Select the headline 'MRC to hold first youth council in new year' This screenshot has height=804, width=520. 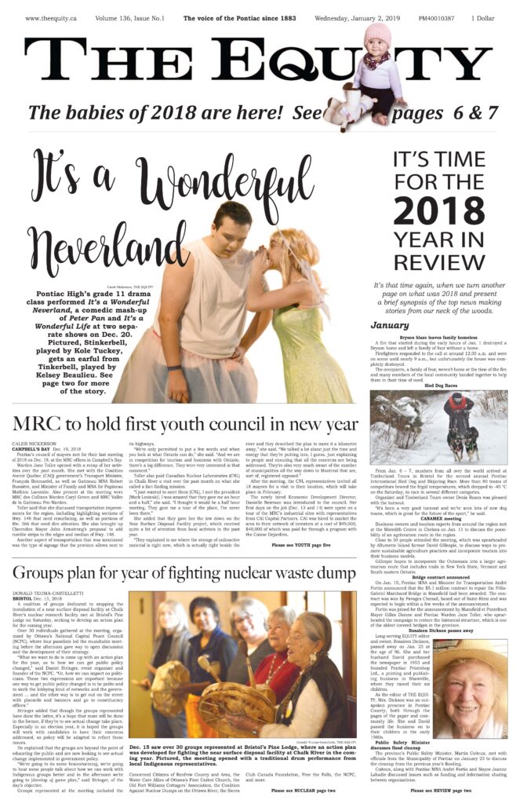[x=186, y=425]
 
